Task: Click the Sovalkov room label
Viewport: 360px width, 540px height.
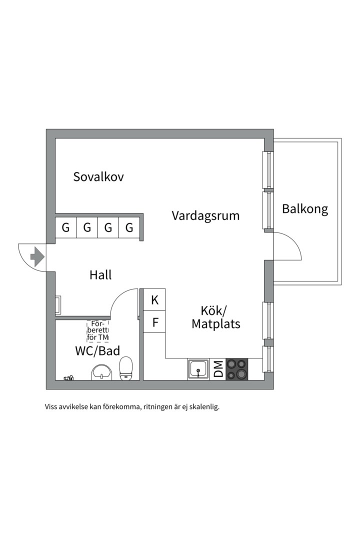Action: click(98, 177)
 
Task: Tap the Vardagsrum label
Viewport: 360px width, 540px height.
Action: click(205, 216)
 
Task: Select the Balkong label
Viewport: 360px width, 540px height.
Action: click(305, 209)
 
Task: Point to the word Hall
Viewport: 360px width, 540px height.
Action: click(100, 275)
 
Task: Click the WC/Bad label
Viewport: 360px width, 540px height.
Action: click(98, 351)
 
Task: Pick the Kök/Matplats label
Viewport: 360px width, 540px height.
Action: click(216, 317)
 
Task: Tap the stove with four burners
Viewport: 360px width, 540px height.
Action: click(236, 369)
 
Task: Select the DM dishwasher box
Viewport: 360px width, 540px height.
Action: click(218, 369)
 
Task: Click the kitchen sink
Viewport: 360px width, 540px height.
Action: click(198, 369)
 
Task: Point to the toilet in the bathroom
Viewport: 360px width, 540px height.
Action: click(125, 368)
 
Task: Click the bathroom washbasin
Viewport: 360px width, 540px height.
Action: click(102, 372)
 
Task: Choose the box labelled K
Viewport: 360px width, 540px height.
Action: click(154, 299)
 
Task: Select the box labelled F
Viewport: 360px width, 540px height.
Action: click(154, 322)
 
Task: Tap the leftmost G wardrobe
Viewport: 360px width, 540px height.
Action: click(66, 227)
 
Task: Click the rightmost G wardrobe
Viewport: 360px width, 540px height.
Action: click(129, 227)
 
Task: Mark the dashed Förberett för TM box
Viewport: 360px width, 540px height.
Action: click(98, 331)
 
